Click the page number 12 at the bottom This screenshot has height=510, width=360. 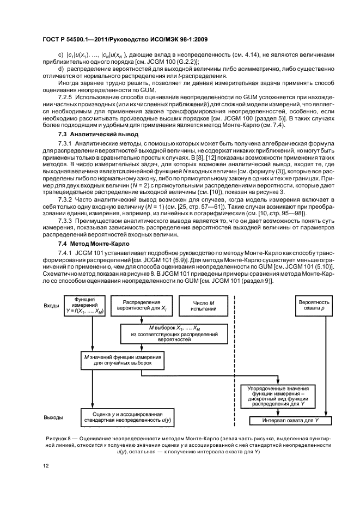[46, 466]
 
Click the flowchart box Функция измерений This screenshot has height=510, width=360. [85, 306]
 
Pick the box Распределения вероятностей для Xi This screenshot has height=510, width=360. [142, 306]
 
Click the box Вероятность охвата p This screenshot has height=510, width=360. [314, 306]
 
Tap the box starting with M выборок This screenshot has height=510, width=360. [174, 333]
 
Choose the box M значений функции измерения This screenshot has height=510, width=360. [123, 360]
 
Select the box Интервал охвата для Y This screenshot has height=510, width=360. [290, 421]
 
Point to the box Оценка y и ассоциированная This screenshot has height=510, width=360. [127, 417]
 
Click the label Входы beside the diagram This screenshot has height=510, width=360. [51, 306]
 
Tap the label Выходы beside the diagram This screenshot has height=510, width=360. [53, 417]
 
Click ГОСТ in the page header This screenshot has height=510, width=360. [51, 39]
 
